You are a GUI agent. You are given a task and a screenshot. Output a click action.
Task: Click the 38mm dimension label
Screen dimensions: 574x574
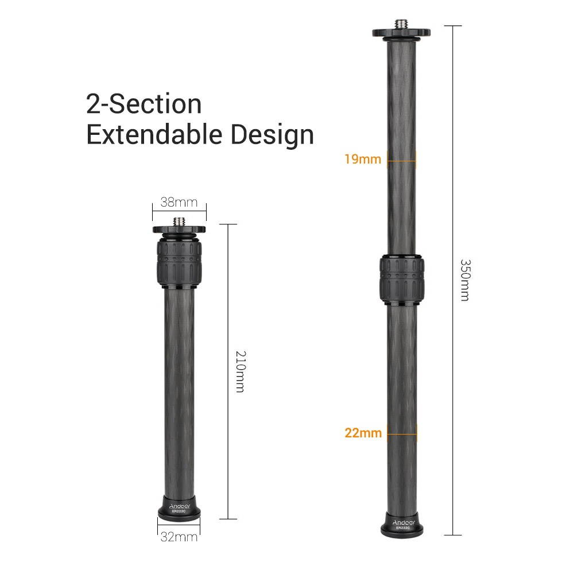[179, 202]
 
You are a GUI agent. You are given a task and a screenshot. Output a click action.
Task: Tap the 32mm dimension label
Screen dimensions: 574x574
[179, 537]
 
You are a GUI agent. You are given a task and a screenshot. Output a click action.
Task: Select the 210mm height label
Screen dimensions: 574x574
[239, 372]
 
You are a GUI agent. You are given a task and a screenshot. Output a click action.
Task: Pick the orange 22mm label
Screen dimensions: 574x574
[363, 433]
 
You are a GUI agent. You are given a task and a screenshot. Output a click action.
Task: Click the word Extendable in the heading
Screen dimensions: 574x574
[155, 135]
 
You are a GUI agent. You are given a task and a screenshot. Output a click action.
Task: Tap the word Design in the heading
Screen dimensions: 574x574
[273, 135]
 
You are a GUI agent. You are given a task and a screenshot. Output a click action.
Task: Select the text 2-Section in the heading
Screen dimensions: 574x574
[144, 104]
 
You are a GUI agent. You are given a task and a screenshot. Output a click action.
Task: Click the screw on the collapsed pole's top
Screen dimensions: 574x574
[179, 220]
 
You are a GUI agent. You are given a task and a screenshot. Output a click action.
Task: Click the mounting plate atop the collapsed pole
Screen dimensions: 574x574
[179, 230]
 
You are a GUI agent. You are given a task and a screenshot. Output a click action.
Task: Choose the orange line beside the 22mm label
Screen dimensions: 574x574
[401, 433]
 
